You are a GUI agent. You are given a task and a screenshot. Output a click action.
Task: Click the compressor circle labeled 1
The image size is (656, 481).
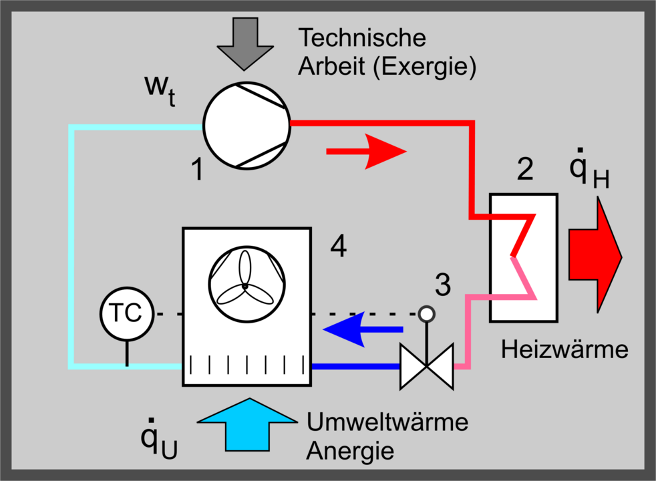[247, 124]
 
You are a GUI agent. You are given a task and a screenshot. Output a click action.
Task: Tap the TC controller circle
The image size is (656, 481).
[125, 313]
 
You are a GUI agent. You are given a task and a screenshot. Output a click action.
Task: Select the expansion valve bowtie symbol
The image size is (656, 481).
[427, 366]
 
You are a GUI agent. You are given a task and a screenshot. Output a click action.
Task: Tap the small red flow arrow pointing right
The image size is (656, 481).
[366, 152]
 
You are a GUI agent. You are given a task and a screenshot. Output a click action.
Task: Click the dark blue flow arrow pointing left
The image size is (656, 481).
[363, 329]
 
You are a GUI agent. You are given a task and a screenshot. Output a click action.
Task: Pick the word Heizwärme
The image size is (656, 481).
[565, 349]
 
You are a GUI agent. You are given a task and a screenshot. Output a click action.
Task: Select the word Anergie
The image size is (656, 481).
[349, 451]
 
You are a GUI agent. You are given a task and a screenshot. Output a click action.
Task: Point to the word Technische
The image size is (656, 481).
[362, 37]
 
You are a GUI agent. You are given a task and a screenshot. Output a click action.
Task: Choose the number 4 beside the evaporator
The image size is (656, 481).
[339, 248]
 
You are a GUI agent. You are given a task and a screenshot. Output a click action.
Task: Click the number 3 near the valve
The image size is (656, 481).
[442, 285]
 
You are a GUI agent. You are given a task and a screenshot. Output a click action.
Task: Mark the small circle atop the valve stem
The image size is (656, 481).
[426, 313]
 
